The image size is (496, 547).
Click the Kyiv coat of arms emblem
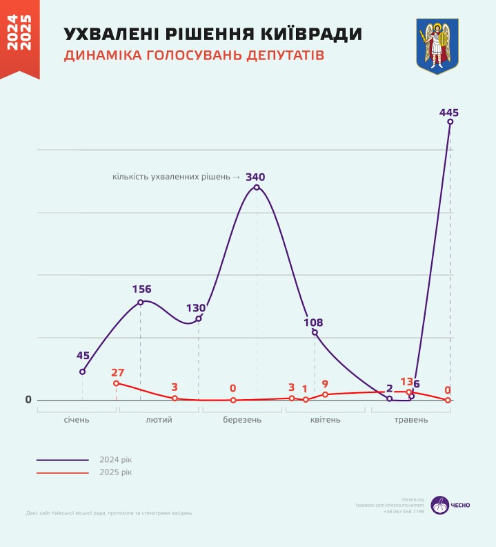coord(437,47)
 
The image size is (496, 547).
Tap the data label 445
coord(448,112)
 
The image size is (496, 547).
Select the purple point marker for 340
coord(257,187)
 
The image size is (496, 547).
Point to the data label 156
coord(141,289)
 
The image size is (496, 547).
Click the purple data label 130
coord(196,308)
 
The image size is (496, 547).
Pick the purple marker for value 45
coord(83,372)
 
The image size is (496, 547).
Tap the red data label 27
coord(117,373)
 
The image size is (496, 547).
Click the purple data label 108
coord(313,322)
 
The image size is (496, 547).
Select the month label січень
coord(77,420)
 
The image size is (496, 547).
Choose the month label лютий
coord(159,420)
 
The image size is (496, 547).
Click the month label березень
coord(242,420)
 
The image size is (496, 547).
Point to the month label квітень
coord(325,420)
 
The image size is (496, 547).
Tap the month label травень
coord(410,420)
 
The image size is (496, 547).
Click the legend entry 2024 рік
coord(116,459)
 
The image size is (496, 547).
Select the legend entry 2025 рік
coord(116,472)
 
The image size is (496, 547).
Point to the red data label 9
coord(325,384)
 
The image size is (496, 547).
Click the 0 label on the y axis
coord(28,400)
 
